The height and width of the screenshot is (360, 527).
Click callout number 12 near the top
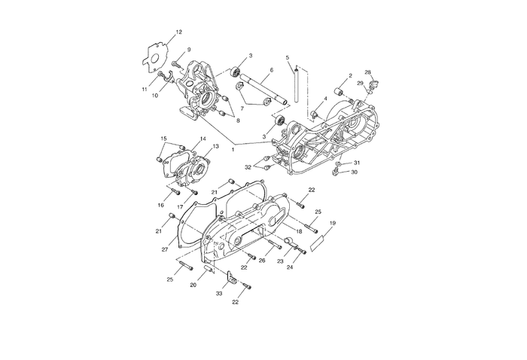coord(178,32)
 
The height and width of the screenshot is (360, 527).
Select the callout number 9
coord(188,50)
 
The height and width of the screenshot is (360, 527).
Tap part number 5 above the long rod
coord(287,57)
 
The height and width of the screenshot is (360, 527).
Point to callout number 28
coord(367,72)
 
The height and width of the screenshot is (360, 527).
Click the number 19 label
coord(332,223)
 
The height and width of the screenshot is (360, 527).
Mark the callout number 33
coord(220,294)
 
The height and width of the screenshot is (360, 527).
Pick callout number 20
coord(193,285)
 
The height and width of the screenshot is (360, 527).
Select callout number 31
coord(357,163)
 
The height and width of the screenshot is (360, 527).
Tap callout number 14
coord(203,139)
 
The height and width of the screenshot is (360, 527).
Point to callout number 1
coord(233,150)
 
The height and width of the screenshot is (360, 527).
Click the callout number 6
coord(270,69)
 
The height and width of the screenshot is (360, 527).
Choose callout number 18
coord(299,231)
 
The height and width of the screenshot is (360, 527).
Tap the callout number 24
coord(290,267)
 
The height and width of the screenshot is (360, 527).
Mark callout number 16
coord(160,205)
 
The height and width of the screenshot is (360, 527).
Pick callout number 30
coord(355,172)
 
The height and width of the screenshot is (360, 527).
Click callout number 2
coord(350,76)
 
